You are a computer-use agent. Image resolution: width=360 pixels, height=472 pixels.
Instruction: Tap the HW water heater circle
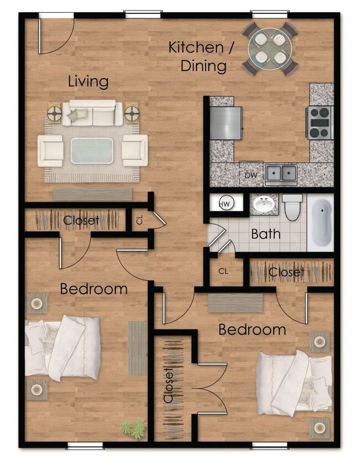click(225, 204)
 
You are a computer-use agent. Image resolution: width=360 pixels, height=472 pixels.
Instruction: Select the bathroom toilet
click(292, 206)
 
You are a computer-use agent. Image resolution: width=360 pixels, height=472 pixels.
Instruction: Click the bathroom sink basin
click(264, 205)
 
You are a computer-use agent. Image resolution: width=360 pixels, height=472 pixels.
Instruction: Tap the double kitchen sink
click(280, 174)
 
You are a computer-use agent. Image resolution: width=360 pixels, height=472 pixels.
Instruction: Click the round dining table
click(270, 48)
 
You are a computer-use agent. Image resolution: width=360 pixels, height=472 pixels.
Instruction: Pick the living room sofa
click(92, 113)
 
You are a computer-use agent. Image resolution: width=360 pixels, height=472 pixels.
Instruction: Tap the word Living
click(88, 82)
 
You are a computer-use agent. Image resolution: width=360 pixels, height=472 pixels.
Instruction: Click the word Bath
click(266, 234)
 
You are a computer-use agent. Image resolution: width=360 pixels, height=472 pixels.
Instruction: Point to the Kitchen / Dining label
click(198, 56)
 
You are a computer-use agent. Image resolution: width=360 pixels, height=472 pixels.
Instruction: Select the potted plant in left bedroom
click(134, 428)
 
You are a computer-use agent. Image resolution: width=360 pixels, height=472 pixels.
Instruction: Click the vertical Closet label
click(169, 385)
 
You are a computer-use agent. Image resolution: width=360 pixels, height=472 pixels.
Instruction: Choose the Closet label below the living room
click(81, 220)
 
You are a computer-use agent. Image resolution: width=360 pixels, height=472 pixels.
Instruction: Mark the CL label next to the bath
click(223, 272)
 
